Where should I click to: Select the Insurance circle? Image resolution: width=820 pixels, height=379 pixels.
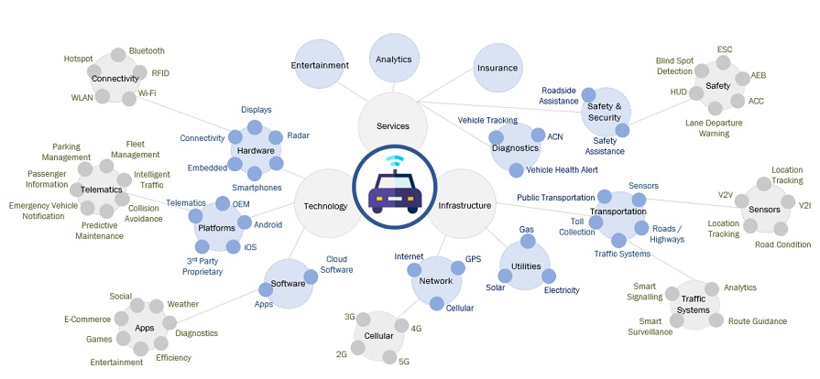tap(497, 69)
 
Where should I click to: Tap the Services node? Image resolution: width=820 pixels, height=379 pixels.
tap(393, 125)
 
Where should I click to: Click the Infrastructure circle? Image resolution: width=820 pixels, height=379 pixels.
tap(465, 206)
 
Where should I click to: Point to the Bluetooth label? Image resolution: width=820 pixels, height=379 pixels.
tap(147, 50)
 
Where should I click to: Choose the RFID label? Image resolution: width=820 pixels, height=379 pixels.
tap(160, 73)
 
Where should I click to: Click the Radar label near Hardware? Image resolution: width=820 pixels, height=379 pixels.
tap(298, 135)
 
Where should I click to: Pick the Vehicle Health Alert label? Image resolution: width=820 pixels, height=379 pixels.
tap(563, 169)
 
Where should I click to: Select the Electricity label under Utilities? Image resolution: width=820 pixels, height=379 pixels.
tap(562, 290)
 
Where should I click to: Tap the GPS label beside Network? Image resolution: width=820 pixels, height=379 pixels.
tap(473, 259)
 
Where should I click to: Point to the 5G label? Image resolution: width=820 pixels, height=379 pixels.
tap(404, 361)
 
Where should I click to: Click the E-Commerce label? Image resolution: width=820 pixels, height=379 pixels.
tap(87, 319)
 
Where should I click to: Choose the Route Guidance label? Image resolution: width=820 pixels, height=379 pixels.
tap(757, 321)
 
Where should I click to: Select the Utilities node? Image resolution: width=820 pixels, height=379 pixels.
tap(526, 266)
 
